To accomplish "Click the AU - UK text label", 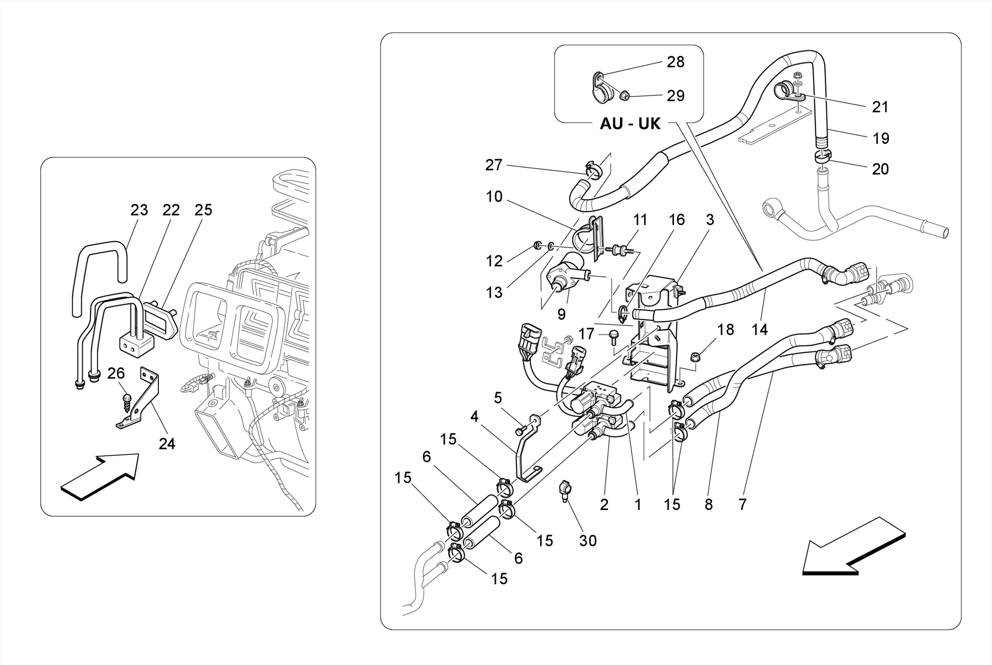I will click(630, 124).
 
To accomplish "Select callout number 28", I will click(675, 62).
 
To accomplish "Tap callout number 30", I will click(588, 541).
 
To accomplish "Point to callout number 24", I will click(167, 444).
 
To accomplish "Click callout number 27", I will click(494, 165).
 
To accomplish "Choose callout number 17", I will click(586, 334).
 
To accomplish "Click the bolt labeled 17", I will click(613, 336).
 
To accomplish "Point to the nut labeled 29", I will click(624, 96).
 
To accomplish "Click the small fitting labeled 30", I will click(565, 490).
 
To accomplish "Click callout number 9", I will click(561, 315).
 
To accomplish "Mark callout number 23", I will click(139, 210).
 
